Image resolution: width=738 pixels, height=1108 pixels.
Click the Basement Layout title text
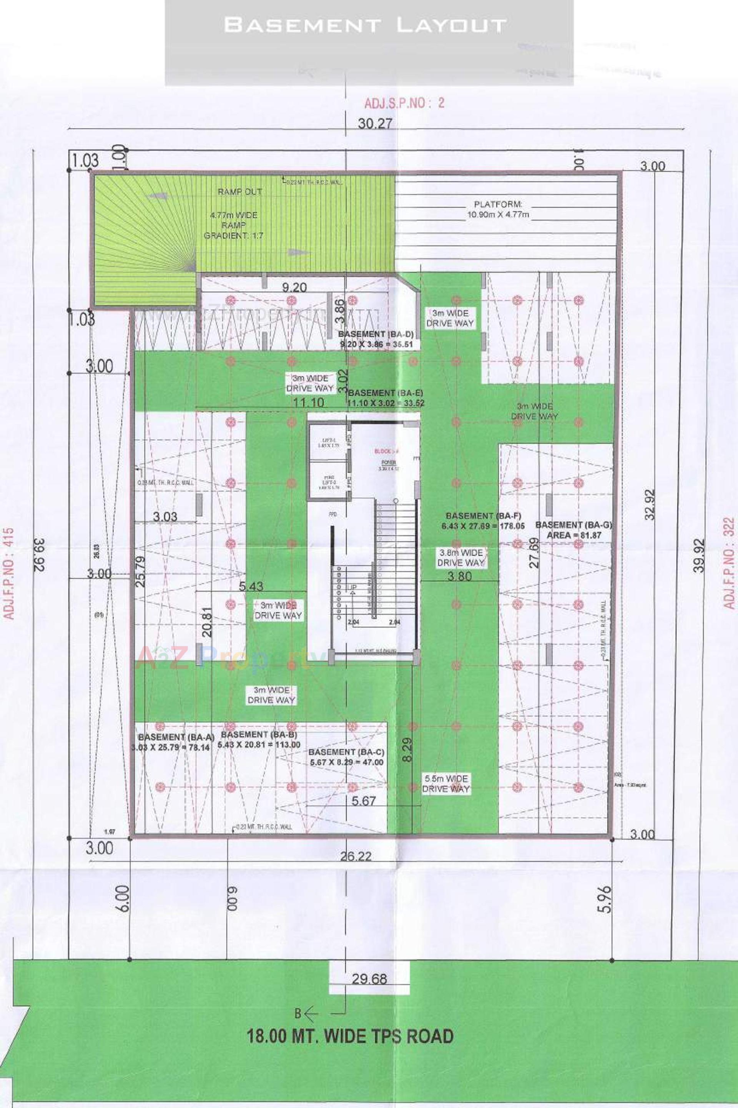tap(365, 25)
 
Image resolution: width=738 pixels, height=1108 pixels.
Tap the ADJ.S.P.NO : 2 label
tap(404, 103)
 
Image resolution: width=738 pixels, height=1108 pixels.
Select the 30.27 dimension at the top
tap(375, 124)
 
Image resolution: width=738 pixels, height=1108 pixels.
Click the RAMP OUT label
tap(239, 192)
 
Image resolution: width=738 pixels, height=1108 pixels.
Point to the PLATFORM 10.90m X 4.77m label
tap(498, 210)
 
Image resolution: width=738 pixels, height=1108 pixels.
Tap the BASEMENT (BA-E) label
tap(386, 397)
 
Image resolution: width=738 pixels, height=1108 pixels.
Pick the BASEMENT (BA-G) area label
tap(573, 530)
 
